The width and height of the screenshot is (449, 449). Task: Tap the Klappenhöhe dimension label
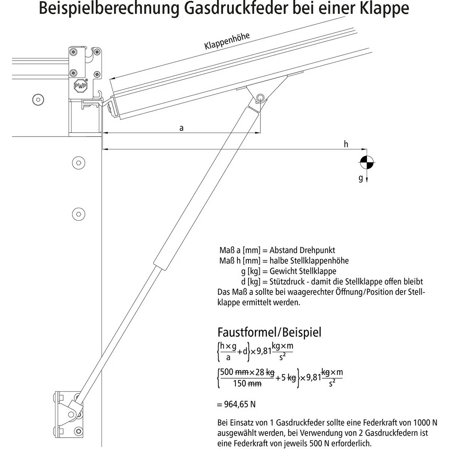click(227, 41)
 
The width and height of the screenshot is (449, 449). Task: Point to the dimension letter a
click(181, 128)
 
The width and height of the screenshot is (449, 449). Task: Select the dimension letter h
click(346, 144)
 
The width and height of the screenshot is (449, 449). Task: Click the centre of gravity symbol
click(366, 162)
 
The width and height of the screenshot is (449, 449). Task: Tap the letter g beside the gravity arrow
click(361, 178)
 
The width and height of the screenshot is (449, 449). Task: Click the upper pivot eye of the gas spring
click(260, 98)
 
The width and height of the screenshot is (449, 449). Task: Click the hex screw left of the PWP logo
click(37, 100)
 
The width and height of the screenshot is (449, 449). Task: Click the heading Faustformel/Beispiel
click(269, 332)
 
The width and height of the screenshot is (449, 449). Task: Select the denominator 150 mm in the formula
click(247, 384)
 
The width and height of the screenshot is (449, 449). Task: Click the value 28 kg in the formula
click(265, 372)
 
